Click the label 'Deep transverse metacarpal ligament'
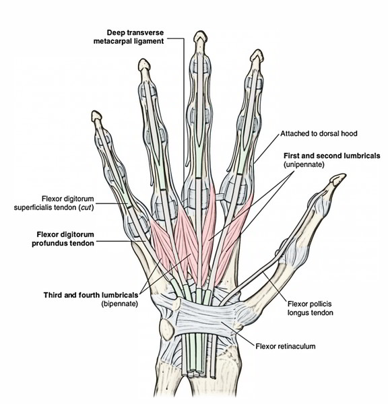(x=129, y=37)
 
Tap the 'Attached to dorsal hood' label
(x=319, y=133)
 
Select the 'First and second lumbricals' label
(x=332, y=156)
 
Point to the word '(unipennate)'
(x=304, y=164)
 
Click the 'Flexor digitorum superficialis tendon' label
(x=54, y=203)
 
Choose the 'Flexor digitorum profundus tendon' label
(x=63, y=239)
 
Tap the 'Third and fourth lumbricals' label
(x=91, y=295)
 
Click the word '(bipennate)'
(x=120, y=304)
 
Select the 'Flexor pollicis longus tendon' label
(x=311, y=308)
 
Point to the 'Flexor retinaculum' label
(x=286, y=346)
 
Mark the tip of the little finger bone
(x=96, y=112)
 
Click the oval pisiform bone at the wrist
(x=167, y=329)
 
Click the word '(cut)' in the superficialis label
(x=86, y=207)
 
